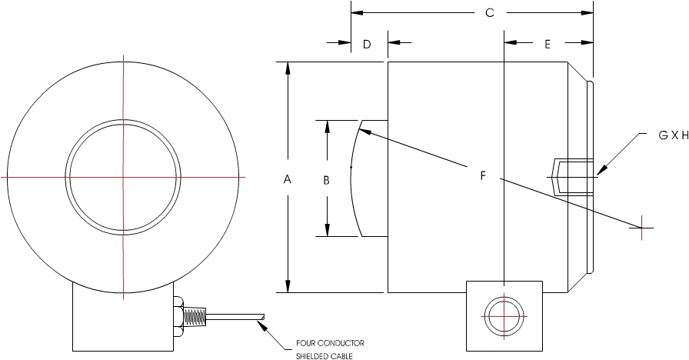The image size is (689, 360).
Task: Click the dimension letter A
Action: pyautogui.click(x=288, y=179)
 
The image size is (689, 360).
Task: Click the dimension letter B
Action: pyautogui.click(x=326, y=180)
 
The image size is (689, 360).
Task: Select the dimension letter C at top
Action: pyautogui.click(x=489, y=13)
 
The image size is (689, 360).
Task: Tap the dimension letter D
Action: pyautogui.click(x=367, y=45)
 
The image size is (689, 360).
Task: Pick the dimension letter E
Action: pyautogui.click(x=548, y=45)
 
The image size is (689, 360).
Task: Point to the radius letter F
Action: pyautogui.click(x=483, y=176)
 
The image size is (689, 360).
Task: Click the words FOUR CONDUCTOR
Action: pyautogui.click(x=330, y=343)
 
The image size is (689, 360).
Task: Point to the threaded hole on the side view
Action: pyautogui.click(x=573, y=176)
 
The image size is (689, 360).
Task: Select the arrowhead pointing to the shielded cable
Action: pyautogui.click(x=267, y=325)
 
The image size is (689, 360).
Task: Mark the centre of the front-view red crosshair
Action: pyautogui.click(x=123, y=177)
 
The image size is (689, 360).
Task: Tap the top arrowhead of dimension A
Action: pyautogui.click(x=288, y=68)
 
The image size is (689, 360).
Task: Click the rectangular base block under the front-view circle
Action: pyautogui.click(x=121, y=323)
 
